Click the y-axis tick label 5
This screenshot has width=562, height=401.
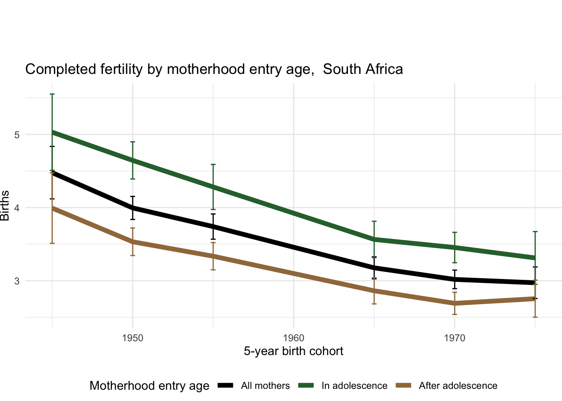pos(17,135)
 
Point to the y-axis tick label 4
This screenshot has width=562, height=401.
pos(17,208)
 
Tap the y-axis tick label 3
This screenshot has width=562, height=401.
pos(17,281)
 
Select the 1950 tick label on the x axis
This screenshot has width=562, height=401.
pos(133,338)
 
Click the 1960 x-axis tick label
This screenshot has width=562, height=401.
pos(294,338)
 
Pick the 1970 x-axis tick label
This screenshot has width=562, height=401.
pos(455,338)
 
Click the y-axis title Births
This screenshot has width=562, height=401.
pos(5,206)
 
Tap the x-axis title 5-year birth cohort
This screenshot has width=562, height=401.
pos(294,351)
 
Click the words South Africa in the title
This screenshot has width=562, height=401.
pos(363,69)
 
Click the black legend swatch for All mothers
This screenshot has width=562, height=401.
pos(225,386)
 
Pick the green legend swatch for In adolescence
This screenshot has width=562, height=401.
pos(306,386)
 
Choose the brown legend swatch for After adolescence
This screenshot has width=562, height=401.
pos(404,386)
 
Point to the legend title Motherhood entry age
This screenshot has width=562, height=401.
pos(149,386)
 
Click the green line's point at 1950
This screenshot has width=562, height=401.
pos(133,160)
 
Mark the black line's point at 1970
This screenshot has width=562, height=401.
pos(455,279)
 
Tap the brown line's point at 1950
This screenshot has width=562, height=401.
pos(133,241)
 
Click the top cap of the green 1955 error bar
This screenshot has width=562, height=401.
pos(213,165)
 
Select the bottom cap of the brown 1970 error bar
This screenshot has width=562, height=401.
pos(455,314)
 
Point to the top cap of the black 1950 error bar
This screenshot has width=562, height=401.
pos(133,196)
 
